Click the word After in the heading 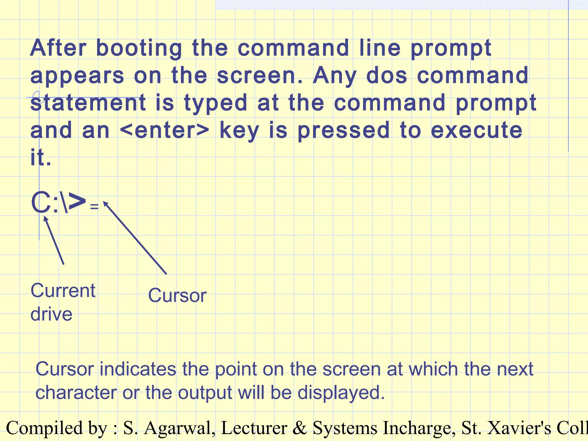point(58,48)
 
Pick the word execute point(476,130)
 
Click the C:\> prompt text point(58,203)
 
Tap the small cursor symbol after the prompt point(94,206)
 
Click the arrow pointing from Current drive point(54,241)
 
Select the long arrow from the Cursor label point(135,238)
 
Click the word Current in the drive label point(63,291)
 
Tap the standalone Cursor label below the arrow point(177,295)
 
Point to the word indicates point(138,369)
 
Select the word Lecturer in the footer point(254,428)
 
